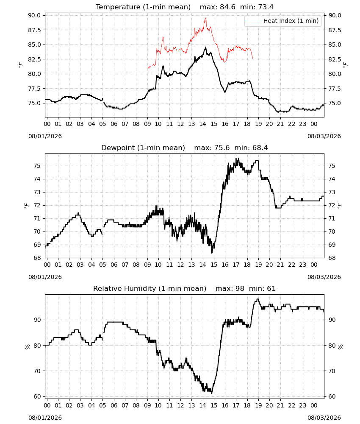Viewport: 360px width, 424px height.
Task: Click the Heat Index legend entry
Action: tap(283, 21)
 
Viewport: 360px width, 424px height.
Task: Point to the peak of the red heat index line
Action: tap(206, 17)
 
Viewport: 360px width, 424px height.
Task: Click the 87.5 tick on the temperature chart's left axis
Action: tap(35, 30)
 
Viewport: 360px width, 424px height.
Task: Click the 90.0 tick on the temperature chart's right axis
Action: tap(335, 15)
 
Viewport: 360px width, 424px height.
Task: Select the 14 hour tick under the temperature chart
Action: tap(202, 124)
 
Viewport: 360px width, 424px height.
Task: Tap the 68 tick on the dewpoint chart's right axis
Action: tap(332, 258)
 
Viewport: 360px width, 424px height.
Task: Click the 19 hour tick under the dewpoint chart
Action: tap(258, 265)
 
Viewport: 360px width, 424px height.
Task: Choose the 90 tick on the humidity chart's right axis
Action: tap(332, 320)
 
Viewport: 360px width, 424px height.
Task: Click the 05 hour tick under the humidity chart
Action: tap(102, 406)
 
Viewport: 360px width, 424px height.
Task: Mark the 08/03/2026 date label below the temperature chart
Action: tap(324, 136)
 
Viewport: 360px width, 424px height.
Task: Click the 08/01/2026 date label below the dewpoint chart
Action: tap(45, 277)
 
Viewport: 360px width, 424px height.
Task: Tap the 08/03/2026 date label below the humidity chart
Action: tap(324, 418)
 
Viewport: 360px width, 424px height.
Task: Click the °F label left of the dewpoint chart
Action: tap(26, 206)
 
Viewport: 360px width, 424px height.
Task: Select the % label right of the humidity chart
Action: tap(340, 347)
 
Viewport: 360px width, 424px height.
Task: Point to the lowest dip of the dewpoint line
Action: tap(212, 253)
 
